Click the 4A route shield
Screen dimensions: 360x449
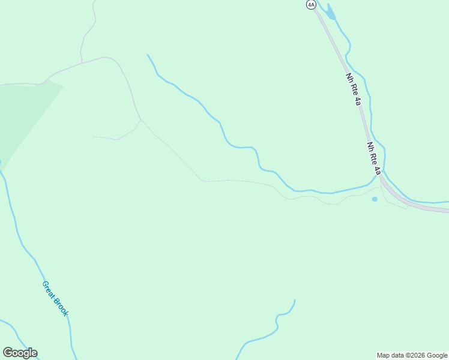pyautogui.click(x=310, y=4)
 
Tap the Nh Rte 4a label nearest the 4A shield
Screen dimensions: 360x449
pyautogui.click(x=354, y=90)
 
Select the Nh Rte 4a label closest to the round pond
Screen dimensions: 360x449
pyautogui.click(x=374, y=158)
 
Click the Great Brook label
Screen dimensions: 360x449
pyautogui.click(x=55, y=298)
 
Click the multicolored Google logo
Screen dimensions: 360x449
pyautogui.click(x=20, y=353)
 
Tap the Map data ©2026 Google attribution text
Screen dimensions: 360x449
pyautogui.click(x=412, y=355)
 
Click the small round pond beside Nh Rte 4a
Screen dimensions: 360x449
pyautogui.click(x=375, y=199)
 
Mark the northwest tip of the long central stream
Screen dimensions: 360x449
pyautogui.click(x=148, y=55)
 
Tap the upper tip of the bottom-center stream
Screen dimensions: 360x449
pyautogui.click(x=295, y=300)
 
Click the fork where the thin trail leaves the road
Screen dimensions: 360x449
pyautogui.click(x=140, y=120)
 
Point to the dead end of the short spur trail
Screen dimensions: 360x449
pyautogui.click(x=93, y=136)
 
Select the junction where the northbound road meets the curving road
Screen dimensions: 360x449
pyautogui.click(x=82, y=62)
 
